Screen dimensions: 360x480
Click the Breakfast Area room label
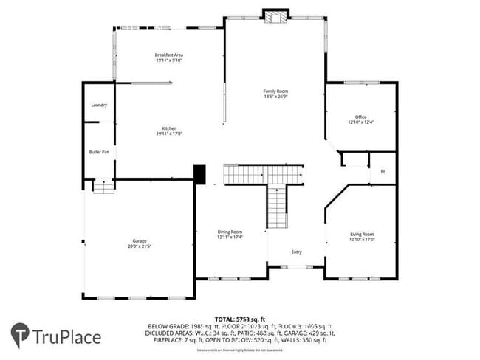click(x=169, y=55)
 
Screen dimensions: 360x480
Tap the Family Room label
click(x=275, y=91)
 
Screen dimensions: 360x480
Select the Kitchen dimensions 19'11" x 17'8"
click(x=169, y=134)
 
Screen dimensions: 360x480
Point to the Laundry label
click(x=99, y=105)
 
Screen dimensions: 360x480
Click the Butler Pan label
click(x=99, y=152)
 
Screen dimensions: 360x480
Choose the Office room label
click(x=360, y=117)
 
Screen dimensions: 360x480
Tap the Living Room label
click(x=362, y=234)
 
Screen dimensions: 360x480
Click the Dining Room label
click(x=230, y=232)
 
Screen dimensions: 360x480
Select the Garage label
click(x=139, y=240)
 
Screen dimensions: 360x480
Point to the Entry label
click(x=296, y=252)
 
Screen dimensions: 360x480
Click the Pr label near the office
click(x=383, y=171)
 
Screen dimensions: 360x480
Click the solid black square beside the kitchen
click(x=199, y=173)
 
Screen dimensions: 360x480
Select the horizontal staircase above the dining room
click(x=263, y=175)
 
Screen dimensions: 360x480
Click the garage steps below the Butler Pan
click(x=103, y=187)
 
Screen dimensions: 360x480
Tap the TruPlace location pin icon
click(x=20, y=336)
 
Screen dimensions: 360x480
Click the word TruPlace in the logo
click(x=66, y=337)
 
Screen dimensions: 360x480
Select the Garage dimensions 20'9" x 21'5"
click(x=139, y=246)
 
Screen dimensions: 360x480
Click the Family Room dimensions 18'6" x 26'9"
click(x=275, y=96)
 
